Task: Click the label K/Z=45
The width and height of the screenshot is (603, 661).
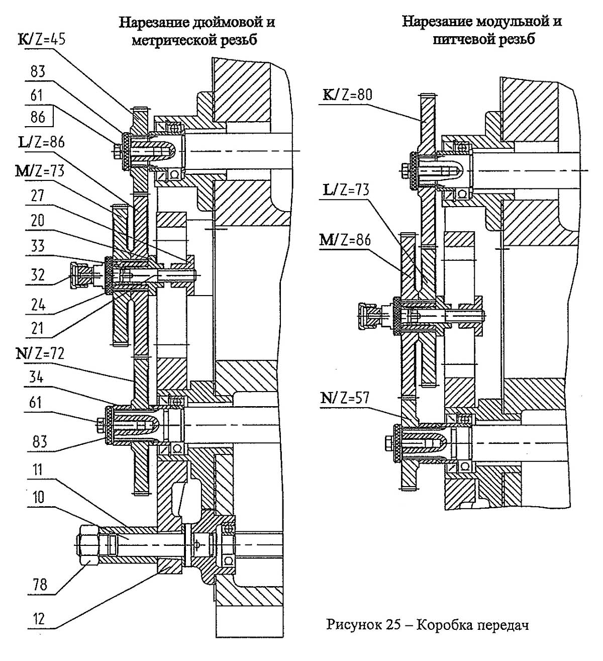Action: pyautogui.click(x=42, y=39)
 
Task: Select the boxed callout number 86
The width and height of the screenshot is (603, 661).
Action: pyautogui.click(x=37, y=118)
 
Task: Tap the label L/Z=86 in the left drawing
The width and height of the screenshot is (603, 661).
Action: pyautogui.click(x=42, y=143)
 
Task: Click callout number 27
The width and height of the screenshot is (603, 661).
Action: pyautogui.click(x=37, y=196)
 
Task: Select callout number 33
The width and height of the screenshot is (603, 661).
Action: pyautogui.click(x=37, y=246)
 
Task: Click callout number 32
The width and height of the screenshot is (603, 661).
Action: pyautogui.click(x=37, y=274)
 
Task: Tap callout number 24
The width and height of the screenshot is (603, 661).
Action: pyautogui.click(x=37, y=305)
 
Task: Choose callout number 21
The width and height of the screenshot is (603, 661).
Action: pyautogui.click(x=37, y=329)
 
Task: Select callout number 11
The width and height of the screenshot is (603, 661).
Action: pyautogui.click(x=37, y=470)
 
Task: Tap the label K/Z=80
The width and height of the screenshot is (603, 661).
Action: pyautogui.click(x=347, y=95)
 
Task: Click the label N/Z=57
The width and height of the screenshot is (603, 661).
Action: pyautogui.click(x=346, y=398)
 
